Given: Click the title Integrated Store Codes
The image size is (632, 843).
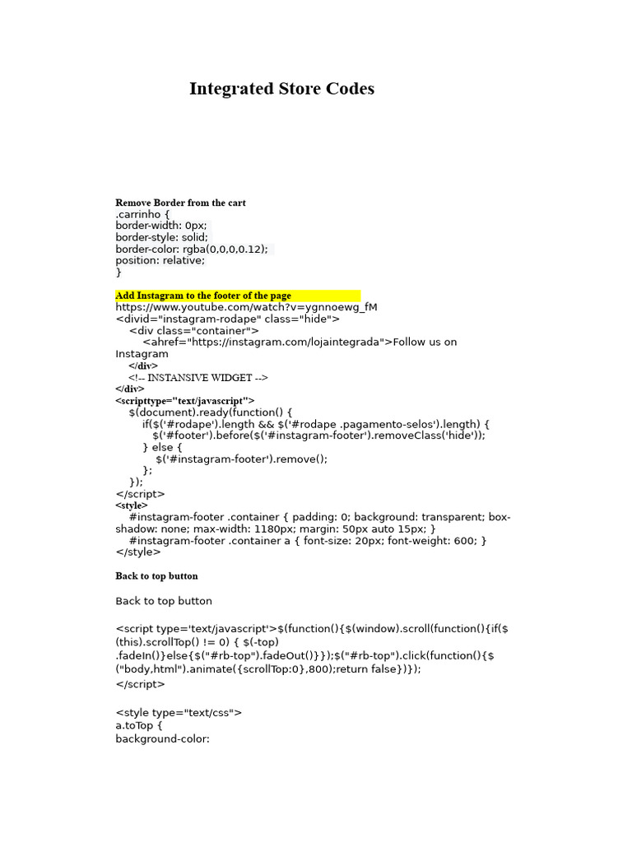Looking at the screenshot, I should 281,89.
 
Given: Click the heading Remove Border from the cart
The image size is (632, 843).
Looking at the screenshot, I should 180,203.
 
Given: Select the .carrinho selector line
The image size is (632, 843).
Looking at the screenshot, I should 142,214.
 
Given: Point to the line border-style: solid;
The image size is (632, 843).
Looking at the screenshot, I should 161,237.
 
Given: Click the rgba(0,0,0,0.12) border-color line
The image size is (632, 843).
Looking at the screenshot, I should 192,249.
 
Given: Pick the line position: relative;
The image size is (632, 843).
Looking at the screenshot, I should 160,260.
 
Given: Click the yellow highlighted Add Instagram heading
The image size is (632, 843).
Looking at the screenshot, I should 203,296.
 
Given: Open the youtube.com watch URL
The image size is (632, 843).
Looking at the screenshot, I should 246,307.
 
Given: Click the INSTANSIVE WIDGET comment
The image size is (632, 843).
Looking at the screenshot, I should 198,378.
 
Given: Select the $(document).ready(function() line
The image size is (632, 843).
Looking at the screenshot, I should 211,412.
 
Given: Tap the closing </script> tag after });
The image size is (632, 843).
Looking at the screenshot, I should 140,494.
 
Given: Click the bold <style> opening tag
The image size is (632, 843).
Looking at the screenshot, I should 132,505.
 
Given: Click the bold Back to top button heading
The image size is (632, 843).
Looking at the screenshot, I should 156,576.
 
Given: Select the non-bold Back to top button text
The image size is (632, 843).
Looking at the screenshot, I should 164,601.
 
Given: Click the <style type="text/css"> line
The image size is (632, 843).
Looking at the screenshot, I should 179,713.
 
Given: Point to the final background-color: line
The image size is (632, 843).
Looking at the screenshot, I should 163,739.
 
